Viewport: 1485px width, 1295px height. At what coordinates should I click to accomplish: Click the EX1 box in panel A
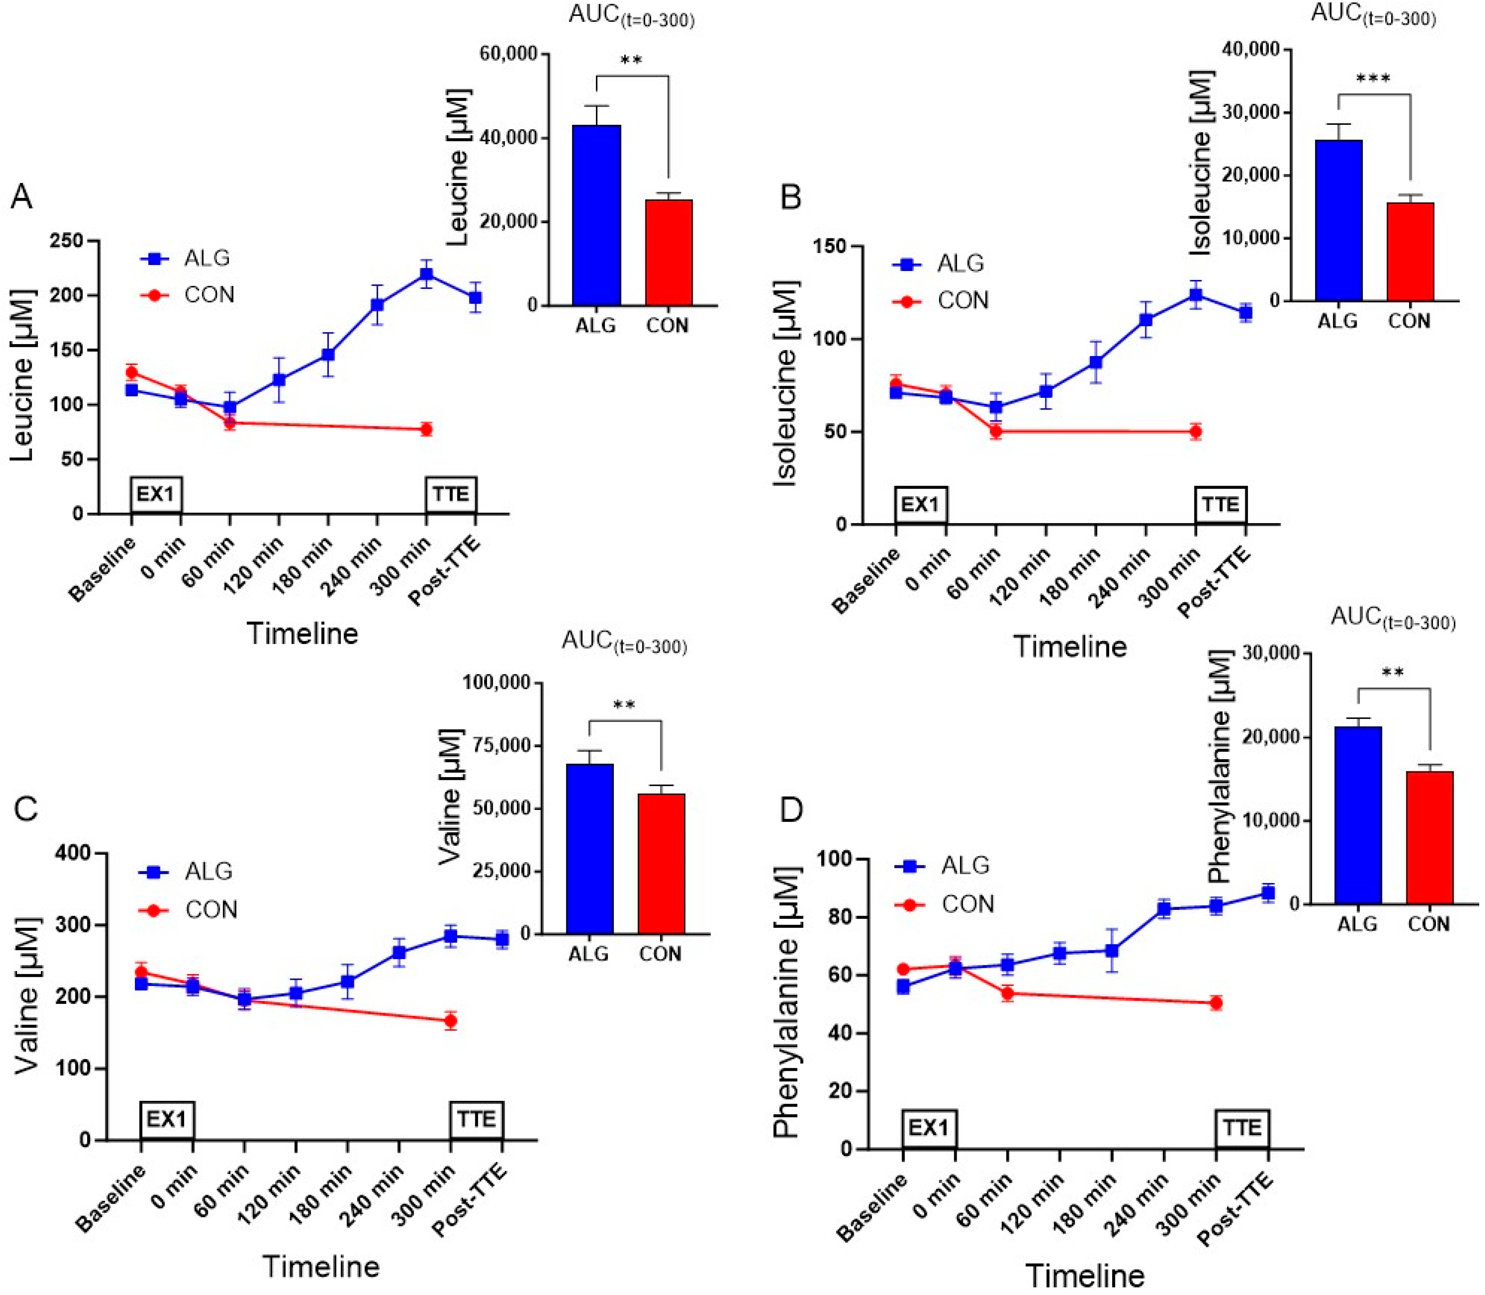point(156,494)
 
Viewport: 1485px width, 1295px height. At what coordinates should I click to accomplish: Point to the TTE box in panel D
point(1242,1127)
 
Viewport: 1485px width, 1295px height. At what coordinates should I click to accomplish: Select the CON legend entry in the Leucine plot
point(208,295)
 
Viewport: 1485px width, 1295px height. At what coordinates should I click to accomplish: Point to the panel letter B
point(791,197)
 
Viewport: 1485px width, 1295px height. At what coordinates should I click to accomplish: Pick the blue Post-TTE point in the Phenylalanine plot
point(1267,893)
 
